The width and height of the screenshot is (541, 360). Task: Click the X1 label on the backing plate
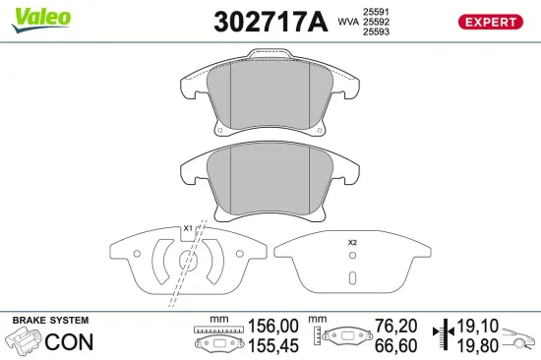tap(188, 229)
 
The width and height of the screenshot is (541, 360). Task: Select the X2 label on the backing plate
tap(353, 242)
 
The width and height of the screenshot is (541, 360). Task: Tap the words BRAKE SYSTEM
tap(49, 321)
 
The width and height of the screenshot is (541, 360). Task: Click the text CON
tap(68, 342)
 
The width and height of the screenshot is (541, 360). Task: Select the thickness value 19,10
tap(476, 326)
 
